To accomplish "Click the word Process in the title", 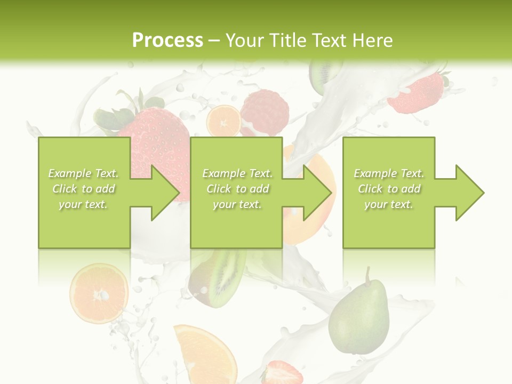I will click(x=167, y=41).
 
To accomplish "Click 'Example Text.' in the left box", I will click(x=84, y=173).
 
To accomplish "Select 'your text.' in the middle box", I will click(x=237, y=204).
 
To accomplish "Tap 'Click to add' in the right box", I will click(x=389, y=189).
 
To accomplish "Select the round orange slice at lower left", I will click(x=99, y=293).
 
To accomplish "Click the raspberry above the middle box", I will click(x=265, y=112).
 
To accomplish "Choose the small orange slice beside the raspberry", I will click(x=223, y=122).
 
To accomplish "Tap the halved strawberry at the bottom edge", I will click(x=282, y=372).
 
